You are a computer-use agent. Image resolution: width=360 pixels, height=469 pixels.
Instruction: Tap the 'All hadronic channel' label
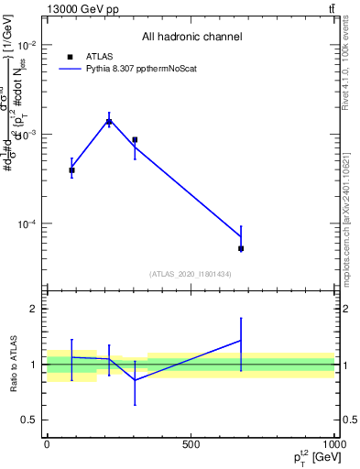191,38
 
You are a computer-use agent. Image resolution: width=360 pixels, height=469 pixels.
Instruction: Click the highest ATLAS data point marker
109,121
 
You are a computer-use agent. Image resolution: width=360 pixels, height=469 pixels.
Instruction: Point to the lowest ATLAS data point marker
241,248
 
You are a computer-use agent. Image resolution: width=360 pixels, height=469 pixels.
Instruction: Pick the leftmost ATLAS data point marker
71,170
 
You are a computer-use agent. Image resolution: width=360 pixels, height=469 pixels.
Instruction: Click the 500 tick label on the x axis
191,444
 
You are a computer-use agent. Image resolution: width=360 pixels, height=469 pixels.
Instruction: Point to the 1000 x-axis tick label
333,444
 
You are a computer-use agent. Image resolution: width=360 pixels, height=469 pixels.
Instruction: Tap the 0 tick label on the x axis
47,444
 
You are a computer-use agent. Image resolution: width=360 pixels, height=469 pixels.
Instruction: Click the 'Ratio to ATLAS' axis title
13,365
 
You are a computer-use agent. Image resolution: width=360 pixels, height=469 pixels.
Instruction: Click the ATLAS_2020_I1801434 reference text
190,274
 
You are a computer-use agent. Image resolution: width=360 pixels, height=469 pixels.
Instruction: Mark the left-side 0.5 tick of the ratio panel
27,420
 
